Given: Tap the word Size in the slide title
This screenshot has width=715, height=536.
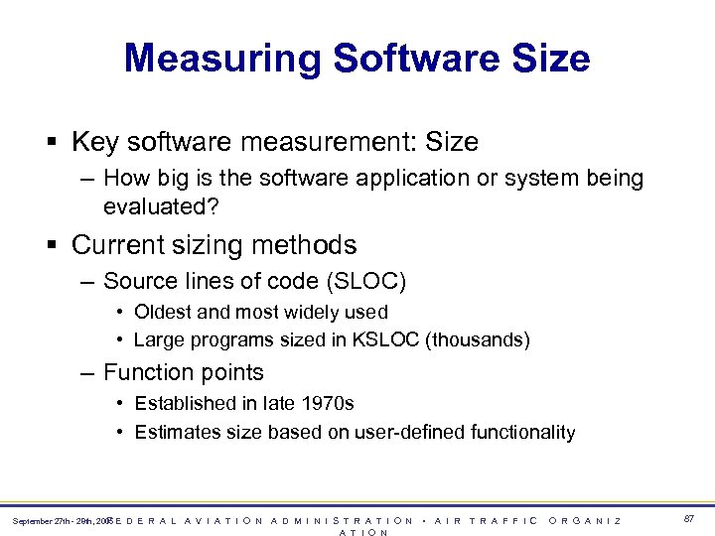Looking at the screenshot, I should tap(550, 59).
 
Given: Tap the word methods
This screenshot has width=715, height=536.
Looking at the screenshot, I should tap(308, 244).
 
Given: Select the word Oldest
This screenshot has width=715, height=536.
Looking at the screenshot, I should tap(164, 312).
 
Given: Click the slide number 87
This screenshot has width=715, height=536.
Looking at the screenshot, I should tap(689, 519).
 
